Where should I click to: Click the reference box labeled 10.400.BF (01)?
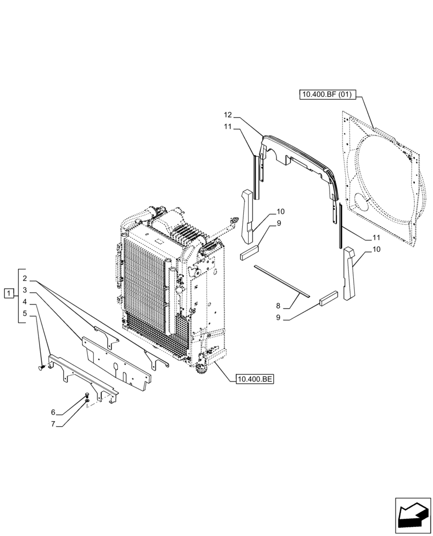[x=326, y=95]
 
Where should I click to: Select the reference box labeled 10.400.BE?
[x=254, y=379]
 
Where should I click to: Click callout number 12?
[x=228, y=115]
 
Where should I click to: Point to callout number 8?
[x=278, y=306]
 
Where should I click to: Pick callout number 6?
[x=53, y=412]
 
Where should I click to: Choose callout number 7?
[x=53, y=424]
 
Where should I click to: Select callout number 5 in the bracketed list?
[x=25, y=313]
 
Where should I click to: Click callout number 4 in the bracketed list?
[x=25, y=302]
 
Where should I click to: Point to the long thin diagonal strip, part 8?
[x=282, y=280]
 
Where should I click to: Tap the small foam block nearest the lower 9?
[x=329, y=299]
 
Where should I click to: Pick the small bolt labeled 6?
[x=86, y=396]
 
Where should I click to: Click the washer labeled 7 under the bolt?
[x=86, y=401]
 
